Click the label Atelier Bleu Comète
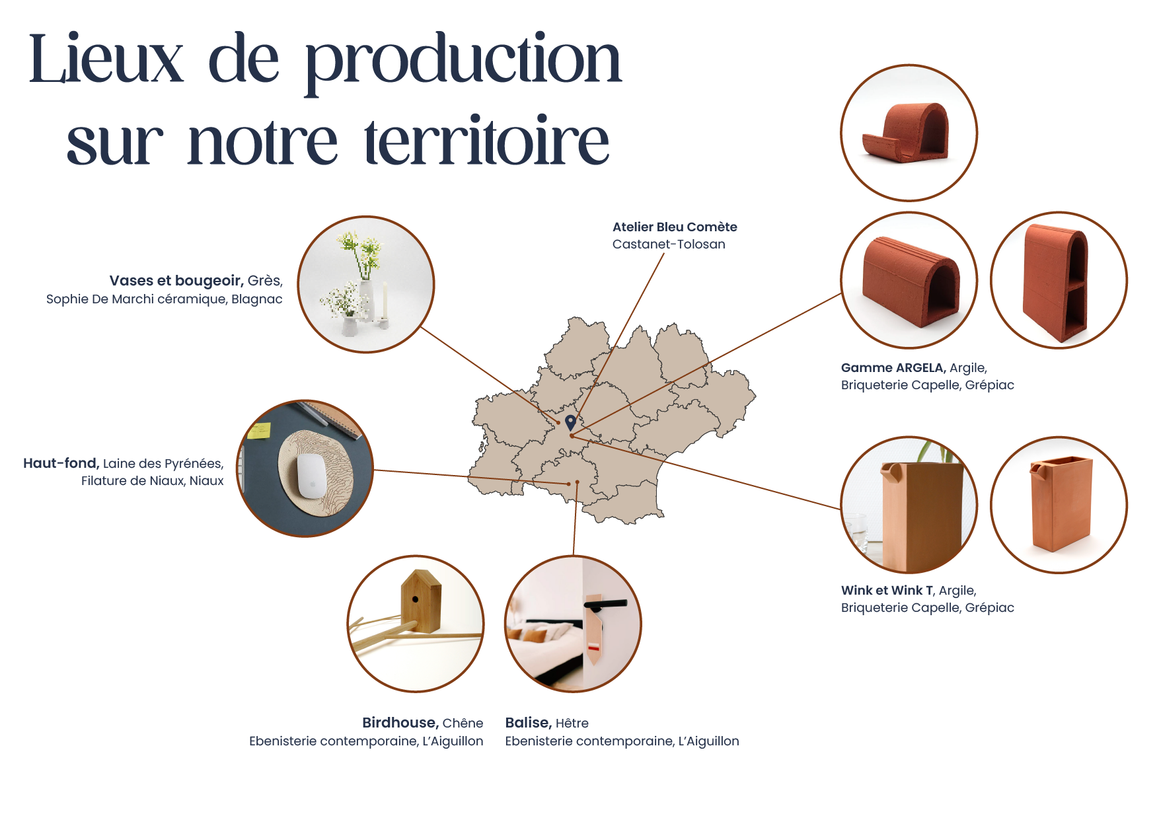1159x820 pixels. click(x=675, y=227)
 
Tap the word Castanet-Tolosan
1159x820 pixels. click(x=669, y=244)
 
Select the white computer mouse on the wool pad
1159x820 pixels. click(x=311, y=476)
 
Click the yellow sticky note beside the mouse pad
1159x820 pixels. click(x=258, y=431)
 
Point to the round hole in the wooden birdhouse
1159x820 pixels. click(x=415, y=599)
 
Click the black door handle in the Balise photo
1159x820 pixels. click(x=605, y=603)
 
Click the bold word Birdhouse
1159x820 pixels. click(x=400, y=723)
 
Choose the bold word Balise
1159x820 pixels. click(x=528, y=723)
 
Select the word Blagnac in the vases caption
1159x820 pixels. click(x=257, y=299)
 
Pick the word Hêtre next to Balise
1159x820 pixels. click(x=572, y=723)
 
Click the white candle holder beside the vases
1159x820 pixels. click(x=384, y=307)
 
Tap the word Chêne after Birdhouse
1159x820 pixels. click(x=463, y=723)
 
